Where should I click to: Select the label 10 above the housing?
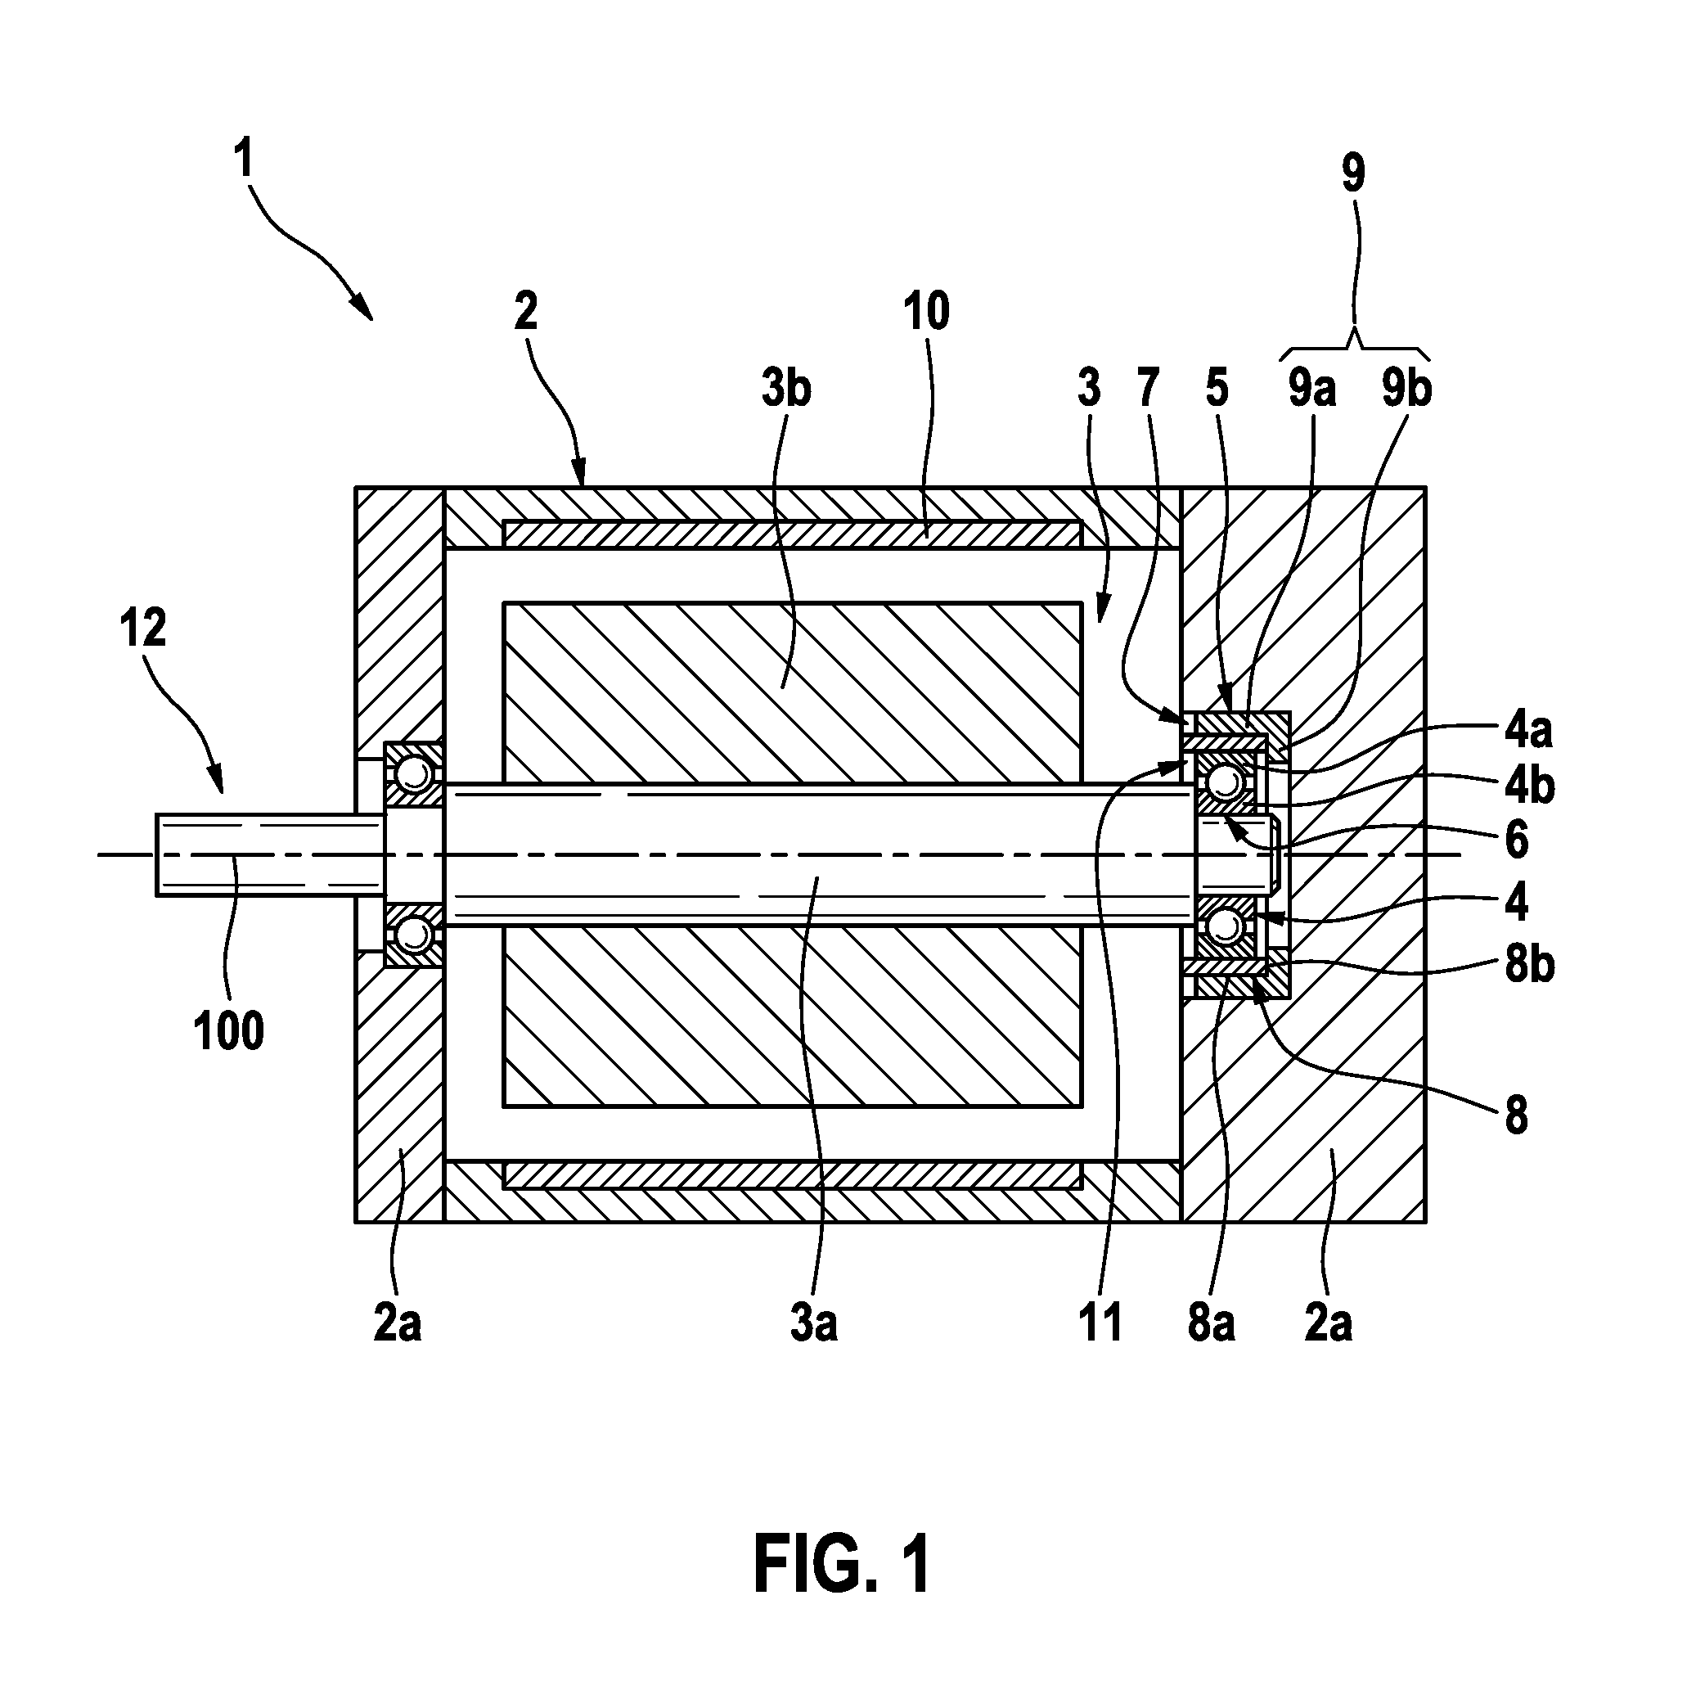pos(926,311)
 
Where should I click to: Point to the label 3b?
pos(785,390)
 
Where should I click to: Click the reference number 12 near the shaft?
pos(143,628)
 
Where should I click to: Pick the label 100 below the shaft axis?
pos(229,1031)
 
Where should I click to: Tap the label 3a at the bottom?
pos(814,1323)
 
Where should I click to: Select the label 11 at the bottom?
pos(1100,1323)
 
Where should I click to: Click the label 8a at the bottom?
pos(1211,1323)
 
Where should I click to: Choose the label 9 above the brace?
pos(1353,174)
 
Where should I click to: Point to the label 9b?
pos(1407,390)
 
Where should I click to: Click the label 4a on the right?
pos(1529,730)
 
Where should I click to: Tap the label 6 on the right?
pos(1517,840)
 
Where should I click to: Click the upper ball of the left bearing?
pos(411,775)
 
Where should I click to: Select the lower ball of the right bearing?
pos(1224,926)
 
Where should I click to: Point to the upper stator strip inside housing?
pos(792,533)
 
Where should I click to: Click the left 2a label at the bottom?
pos(398,1323)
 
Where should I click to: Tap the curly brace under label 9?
pos(1355,348)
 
